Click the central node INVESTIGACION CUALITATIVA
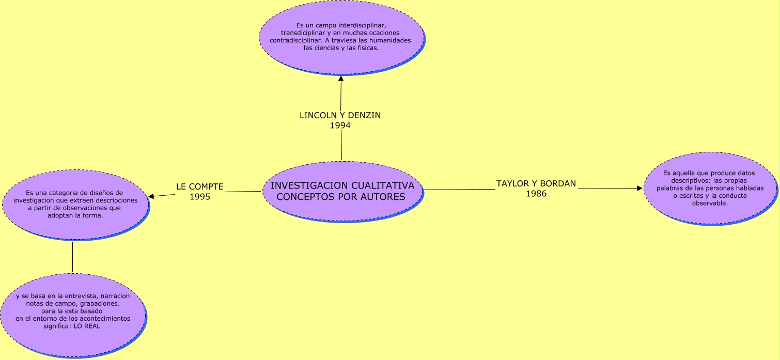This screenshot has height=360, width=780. [x=342, y=191]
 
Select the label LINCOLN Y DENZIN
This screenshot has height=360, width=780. [x=340, y=115]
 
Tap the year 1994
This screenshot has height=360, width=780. [x=340, y=125]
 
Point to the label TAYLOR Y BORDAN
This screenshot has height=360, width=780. [x=536, y=184]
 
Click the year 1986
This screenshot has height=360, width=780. [x=536, y=194]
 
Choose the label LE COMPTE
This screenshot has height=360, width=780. [x=200, y=186]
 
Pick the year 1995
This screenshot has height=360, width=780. [x=200, y=196]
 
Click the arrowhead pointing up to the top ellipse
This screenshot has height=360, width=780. [x=341, y=79]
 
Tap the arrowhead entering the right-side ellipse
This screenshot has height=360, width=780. [x=639, y=189]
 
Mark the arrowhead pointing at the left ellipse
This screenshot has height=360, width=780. [x=151, y=196]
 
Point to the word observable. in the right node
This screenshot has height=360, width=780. [x=710, y=203]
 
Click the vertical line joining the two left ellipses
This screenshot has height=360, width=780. [x=72, y=257]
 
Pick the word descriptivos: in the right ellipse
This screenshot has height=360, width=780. [x=692, y=181]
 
